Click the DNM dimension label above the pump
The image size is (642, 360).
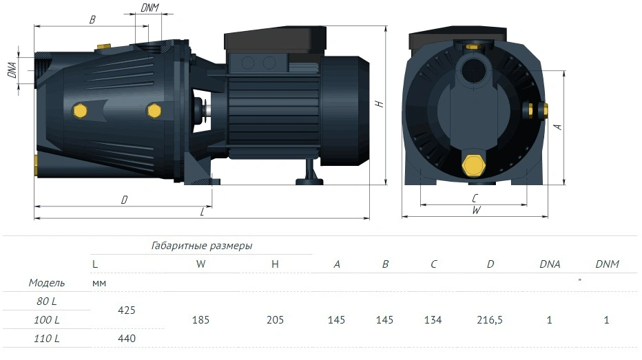click(x=149, y=8)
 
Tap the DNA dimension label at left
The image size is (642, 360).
click(x=12, y=70)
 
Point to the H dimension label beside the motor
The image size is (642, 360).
click(x=380, y=103)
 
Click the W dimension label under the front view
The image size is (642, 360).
click(x=476, y=210)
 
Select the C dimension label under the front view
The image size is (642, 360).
click(x=475, y=198)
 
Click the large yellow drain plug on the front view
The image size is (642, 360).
click(x=473, y=165)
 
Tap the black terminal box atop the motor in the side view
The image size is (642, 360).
click(x=275, y=40)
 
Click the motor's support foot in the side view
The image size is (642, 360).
click(x=309, y=173)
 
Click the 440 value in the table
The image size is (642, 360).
click(x=127, y=339)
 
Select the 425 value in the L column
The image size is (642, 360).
click(x=127, y=310)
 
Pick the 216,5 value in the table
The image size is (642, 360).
click(x=490, y=320)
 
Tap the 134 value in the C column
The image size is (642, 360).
click(x=433, y=320)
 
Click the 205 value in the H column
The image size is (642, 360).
click(x=275, y=320)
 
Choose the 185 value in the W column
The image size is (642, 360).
click(x=200, y=320)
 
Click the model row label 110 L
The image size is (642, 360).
click(x=47, y=339)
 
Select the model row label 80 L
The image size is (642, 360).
click(x=47, y=301)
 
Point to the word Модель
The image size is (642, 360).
click(x=47, y=283)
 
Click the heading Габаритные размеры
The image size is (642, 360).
click(x=202, y=246)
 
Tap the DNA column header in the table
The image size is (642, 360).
click(x=550, y=264)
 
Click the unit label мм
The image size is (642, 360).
click(x=99, y=283)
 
